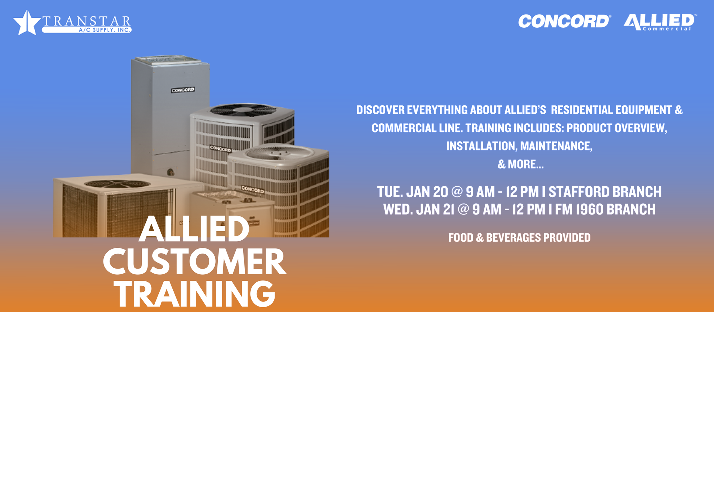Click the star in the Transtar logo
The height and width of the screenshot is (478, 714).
(27, 23)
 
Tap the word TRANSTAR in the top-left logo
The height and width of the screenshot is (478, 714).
(87, 21)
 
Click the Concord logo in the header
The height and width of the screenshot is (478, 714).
(565, 21)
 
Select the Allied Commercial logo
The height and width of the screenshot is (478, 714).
(660, 22)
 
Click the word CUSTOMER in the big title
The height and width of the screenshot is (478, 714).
(195, 261)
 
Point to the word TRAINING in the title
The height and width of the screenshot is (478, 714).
(195, 294)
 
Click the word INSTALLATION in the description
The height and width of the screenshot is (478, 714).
(482, 146)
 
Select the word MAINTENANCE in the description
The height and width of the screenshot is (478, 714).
(556, 146)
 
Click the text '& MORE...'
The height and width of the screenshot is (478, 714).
(520, 164)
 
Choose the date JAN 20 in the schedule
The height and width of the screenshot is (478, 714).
(427, 192)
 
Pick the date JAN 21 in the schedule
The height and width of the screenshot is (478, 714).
(435, 209)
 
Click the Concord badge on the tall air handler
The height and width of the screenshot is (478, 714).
(183, 90)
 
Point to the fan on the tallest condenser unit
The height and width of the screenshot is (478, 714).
(243, 110)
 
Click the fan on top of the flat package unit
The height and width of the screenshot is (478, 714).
(117, 184)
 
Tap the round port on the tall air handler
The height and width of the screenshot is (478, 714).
(171, 173)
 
